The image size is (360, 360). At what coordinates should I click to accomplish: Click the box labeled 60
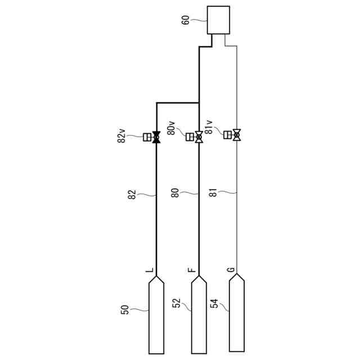click(218, 20)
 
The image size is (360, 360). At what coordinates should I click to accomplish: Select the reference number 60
click(186, 20)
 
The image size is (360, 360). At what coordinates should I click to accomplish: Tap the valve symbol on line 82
click(156, 137)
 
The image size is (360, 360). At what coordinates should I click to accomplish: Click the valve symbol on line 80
click(199, 137)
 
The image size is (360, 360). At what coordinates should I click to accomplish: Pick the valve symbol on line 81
click(237, 135)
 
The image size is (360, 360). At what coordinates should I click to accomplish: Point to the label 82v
click(121, 136)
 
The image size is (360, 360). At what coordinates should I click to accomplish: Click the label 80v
click(171, 128)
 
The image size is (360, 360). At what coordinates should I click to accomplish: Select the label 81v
click(209, 127)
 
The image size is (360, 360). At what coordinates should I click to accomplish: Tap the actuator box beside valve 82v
click(147, 137)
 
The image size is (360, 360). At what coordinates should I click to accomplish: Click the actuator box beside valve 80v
click(190, 137)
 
